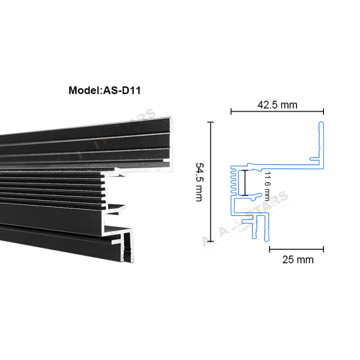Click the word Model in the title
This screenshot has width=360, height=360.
pos(83,90)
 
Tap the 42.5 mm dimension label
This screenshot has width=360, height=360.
pos(277,105)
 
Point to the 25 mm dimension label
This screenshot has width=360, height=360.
pos(298,260)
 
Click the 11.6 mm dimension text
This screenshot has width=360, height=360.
pos(268,186)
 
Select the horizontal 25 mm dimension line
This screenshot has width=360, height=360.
pos(297,247)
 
